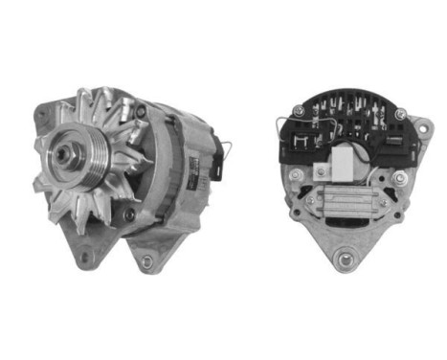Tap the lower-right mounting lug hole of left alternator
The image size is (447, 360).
point(146,260)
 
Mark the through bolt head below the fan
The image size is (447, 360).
point(127,214)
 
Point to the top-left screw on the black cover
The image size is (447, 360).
point(298,112)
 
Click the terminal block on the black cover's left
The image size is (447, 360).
point(304,144)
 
